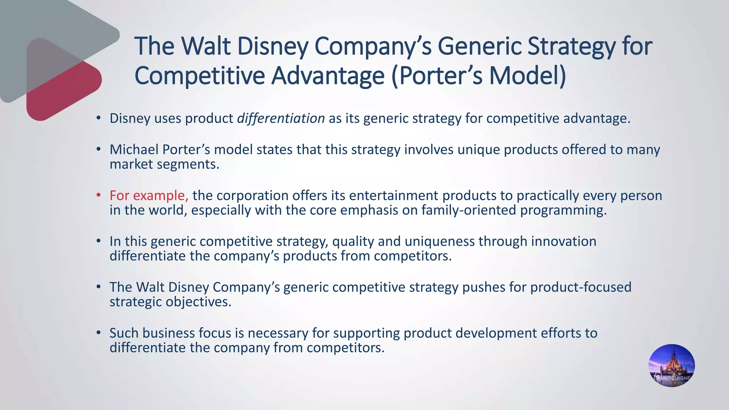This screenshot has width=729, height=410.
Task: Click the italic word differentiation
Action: click(x=281, y=119)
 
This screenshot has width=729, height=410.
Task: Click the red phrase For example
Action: click(x=148, y=195)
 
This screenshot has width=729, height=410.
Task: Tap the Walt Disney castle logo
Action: click(x=671, y=366)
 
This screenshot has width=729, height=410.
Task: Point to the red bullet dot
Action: click(x=99, y=195)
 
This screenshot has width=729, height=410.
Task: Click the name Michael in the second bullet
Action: click(x=134, y=149)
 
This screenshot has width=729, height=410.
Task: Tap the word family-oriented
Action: click(x=469, y=210)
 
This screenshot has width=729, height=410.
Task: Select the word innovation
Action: click(x=563, y=241)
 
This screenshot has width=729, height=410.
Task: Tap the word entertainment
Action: click(x=393, y=195)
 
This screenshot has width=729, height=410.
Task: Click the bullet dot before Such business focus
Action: click(x=99, y=332)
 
